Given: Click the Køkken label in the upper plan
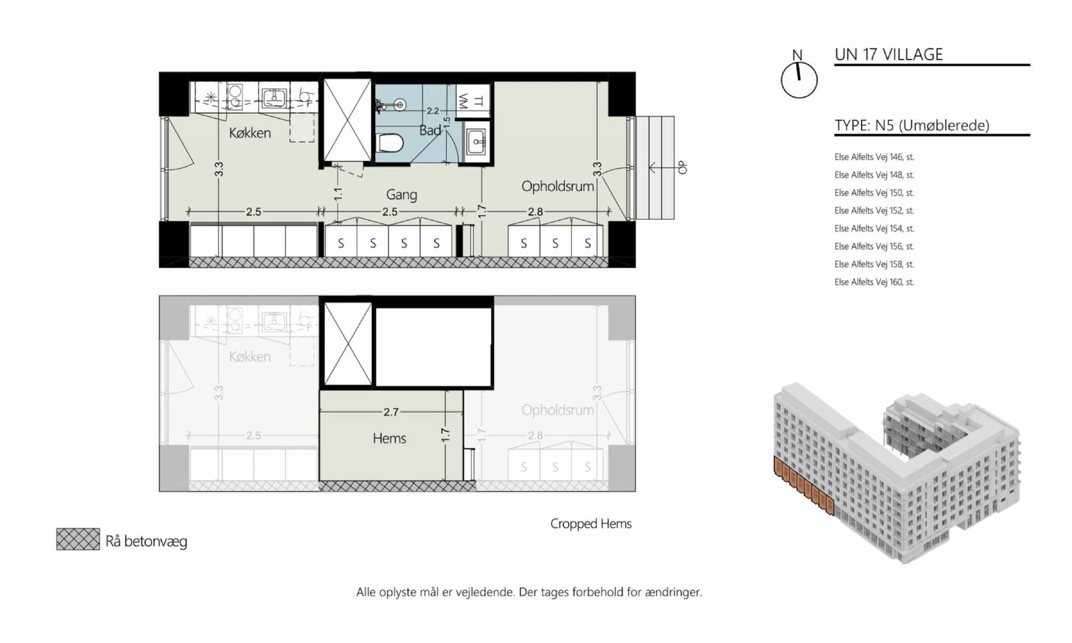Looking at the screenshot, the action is coord(250,133).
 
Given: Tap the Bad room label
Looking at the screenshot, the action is coord(429,130).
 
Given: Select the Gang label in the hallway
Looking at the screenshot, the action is coord(401,195).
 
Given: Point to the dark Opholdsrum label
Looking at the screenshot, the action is coord(557,186).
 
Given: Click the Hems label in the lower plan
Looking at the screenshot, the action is coord(389,438).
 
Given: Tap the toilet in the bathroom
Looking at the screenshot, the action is coord(390,143).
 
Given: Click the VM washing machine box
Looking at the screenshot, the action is coord(472,101).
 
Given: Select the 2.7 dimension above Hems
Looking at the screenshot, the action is coord(391,412).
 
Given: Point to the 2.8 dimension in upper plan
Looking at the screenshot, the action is coord(535,212).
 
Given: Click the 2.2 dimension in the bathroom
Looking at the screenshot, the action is coord(433,111).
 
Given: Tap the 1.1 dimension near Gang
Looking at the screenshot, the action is coord(338,194).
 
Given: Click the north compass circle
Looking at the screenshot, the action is coord(799,80).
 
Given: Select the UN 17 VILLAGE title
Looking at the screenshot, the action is coord(888,54).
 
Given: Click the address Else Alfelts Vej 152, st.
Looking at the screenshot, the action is coord(874,210).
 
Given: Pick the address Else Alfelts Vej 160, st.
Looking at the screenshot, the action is coord(874,282).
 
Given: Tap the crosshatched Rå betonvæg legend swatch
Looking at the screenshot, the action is coord(78,539).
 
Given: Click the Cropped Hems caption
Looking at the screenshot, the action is coord(591,524).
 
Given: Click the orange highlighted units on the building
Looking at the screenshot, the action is coord(804,486).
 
